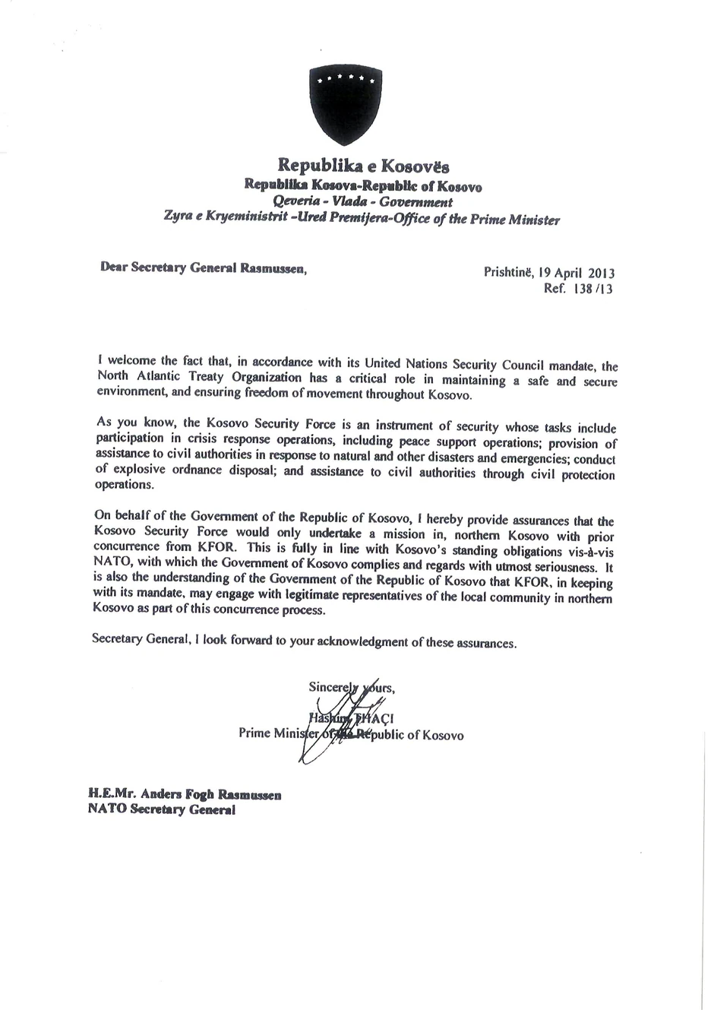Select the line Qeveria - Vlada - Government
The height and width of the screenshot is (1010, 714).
point(362,201)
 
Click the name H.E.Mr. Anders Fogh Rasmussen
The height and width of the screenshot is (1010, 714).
point(185,795)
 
